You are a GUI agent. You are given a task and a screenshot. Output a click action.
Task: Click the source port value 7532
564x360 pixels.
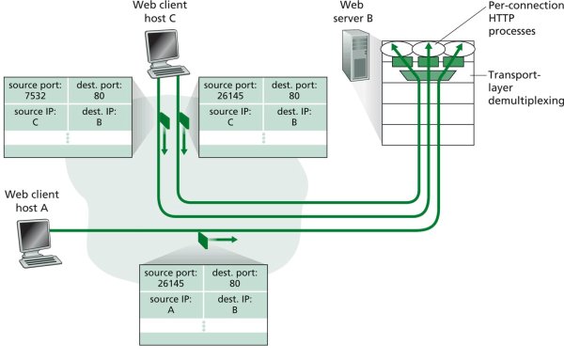[x=36, y=96]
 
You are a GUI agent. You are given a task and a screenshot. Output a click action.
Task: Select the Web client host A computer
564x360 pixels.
[x=39, y=243]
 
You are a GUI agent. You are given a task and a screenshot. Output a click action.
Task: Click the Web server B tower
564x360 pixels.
[x=355, y=55]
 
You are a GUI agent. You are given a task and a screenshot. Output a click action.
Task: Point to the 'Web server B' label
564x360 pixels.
[x=352, y=11]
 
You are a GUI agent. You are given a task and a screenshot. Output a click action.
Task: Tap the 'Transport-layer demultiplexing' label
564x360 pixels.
[x=525, y=87]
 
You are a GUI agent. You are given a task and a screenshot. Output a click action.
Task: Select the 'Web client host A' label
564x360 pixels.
[x=32, y=201]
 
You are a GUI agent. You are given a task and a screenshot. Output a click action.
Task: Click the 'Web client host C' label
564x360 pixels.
[x=160, y=11]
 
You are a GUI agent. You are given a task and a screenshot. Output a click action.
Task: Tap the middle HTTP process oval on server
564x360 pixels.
[x=428, y=49]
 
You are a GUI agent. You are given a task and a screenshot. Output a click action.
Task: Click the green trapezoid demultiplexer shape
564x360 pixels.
[x=428, y=75]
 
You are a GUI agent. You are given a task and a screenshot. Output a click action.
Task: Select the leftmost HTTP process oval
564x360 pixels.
[x=397, y=49]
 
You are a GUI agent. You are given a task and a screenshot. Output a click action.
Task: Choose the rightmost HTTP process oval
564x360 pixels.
[x=460, y=49]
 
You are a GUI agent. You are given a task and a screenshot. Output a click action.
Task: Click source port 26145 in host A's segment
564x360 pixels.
[x=170, y=284]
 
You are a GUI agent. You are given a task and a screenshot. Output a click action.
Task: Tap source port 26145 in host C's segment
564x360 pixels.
[x=230, y=96]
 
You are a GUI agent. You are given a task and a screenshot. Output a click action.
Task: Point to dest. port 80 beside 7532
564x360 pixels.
[x=99, y=96]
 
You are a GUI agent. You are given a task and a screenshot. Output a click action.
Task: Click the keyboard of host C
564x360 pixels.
[x=168, y=71]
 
